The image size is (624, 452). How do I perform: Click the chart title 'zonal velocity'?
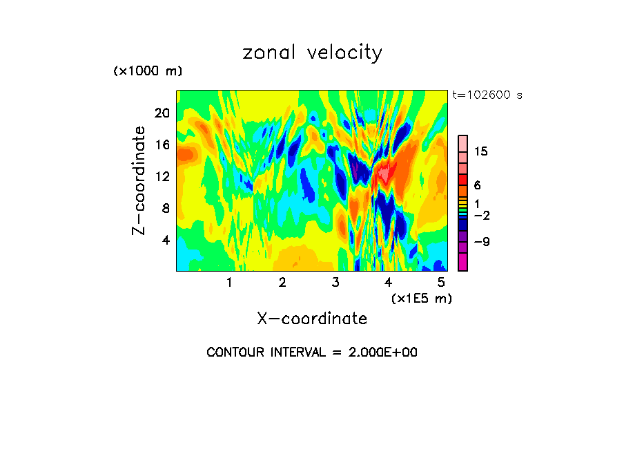coord(312,53)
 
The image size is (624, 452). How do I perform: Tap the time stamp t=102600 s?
coord(487,95)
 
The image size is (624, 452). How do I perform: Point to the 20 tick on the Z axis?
coord(161,113)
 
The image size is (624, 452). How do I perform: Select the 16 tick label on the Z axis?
coord(161,144)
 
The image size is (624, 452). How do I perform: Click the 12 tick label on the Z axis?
coord(161,176)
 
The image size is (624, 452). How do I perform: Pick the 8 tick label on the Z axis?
coord(164,208)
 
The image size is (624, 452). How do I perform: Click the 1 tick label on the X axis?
coord(229,282)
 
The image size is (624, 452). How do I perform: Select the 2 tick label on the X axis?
coord(282,282)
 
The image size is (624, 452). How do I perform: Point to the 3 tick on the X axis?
coord(335,282)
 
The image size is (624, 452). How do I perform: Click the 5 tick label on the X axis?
coord(441,282)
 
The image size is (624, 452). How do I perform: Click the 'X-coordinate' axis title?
coord(312,319)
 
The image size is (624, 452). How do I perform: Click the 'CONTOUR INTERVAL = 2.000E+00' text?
coord(312,352)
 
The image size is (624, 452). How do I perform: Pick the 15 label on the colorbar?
coord(481,152)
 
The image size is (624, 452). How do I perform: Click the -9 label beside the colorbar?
coord(481,242)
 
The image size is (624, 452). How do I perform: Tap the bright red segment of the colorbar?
coord(462,179)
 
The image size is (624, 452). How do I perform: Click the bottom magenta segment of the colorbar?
coord(462,262)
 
